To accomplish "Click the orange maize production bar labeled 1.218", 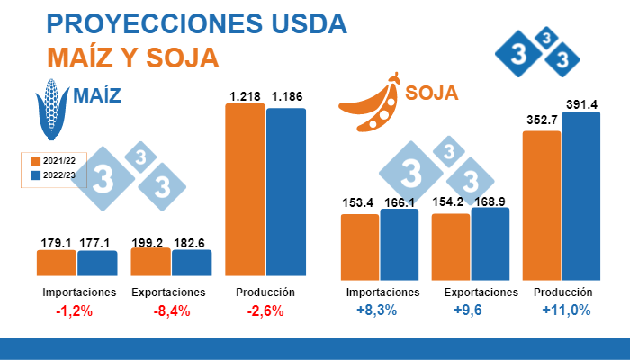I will [245, 189].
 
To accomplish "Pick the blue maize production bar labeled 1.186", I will [286, 191].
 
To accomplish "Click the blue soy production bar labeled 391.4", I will [581, 193].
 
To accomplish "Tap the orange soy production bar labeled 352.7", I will [542, 203].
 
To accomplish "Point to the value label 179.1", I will [57, 242].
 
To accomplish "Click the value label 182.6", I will [191, 242].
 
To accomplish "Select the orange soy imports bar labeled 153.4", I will [360, 245].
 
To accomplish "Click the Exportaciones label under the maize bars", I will [169, 292].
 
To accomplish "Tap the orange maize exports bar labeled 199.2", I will [150, 262].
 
